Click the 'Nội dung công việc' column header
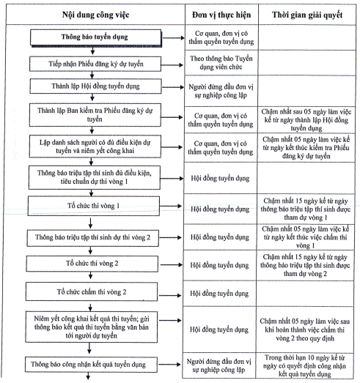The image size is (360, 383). tap(95, 15)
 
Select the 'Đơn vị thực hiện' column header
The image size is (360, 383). tap(221, 15)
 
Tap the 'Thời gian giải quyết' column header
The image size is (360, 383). tap(307, 15)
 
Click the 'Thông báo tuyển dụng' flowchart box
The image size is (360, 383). tap(95, 37)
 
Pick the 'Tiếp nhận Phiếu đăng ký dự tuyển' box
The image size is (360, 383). tap(95, 64)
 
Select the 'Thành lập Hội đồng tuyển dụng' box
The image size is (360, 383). tap(95, 86)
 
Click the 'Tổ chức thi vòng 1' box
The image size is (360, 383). tap(94, 206)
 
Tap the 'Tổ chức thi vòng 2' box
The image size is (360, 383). tap(92, 264)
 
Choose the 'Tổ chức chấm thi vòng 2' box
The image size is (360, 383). tap(92, 291)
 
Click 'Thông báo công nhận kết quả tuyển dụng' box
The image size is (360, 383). tap(91, 365)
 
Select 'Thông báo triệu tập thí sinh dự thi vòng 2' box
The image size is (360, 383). tap(92, 238)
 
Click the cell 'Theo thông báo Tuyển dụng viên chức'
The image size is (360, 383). tap(221, 62)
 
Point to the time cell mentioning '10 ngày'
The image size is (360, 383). tap(305, 365)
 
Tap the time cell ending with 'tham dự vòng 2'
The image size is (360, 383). tap(305, 265)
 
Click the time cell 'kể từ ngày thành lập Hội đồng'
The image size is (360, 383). tap(306, 119)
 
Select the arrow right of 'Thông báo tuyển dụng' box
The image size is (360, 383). tap(173, 38)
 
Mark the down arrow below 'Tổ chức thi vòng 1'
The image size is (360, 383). tap(90, 223)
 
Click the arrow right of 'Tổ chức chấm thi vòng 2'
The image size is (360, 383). tap(170, 295)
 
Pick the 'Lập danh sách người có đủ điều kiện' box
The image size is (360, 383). tap(95, 146)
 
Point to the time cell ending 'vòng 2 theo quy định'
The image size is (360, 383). tap(305, 330)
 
